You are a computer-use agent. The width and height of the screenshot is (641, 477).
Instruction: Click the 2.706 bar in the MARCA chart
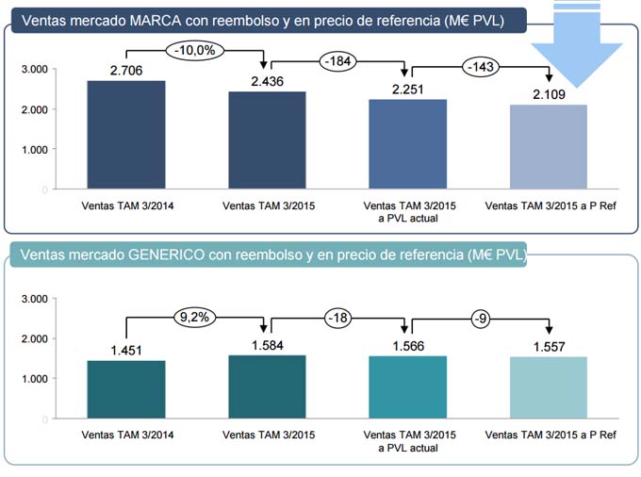(x=126, y=135)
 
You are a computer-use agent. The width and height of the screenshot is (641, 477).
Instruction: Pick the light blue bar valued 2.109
(x=549, y=147)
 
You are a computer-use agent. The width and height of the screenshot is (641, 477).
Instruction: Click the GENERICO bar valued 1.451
(x=126, y=389)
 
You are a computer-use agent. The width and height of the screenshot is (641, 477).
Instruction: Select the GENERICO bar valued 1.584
(x=267, y=387)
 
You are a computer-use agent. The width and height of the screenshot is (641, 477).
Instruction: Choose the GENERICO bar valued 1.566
(x=408, y=387)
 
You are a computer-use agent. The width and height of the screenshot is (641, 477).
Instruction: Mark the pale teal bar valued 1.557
(x=549, y=387)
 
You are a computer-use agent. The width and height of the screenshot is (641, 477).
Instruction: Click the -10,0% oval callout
(x=195, y=49)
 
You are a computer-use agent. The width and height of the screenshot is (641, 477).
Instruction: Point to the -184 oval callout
(x=338, y=62)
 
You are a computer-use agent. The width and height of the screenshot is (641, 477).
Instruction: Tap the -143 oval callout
(x=480, y=66)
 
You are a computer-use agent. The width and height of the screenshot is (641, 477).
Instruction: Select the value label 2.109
(x=549, y=94)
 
